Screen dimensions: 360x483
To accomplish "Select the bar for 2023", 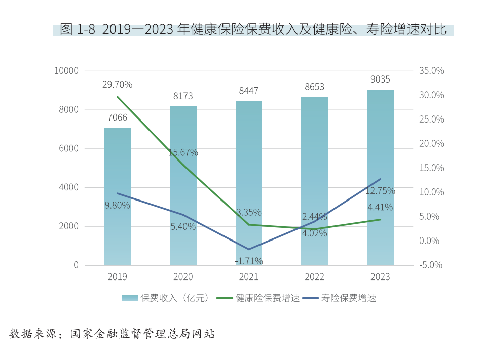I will [380, 177].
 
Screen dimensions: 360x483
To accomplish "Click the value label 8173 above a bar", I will [183, 96].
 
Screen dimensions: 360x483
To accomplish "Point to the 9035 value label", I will [380, 79].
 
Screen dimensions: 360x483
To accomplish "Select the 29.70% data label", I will [117, 85].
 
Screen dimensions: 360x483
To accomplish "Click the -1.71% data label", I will [248, 261].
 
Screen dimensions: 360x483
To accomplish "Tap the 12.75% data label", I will [380, 191].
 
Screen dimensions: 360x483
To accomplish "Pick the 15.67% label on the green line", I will [183, 152].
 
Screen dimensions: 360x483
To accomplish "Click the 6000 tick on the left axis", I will [68, 148].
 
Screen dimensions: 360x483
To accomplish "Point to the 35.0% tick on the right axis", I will [432, 71].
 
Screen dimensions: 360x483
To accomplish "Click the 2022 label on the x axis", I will [314, 277].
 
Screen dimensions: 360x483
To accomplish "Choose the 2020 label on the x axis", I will [183, 277].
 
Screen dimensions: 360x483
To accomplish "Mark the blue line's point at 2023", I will [380, 179].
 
